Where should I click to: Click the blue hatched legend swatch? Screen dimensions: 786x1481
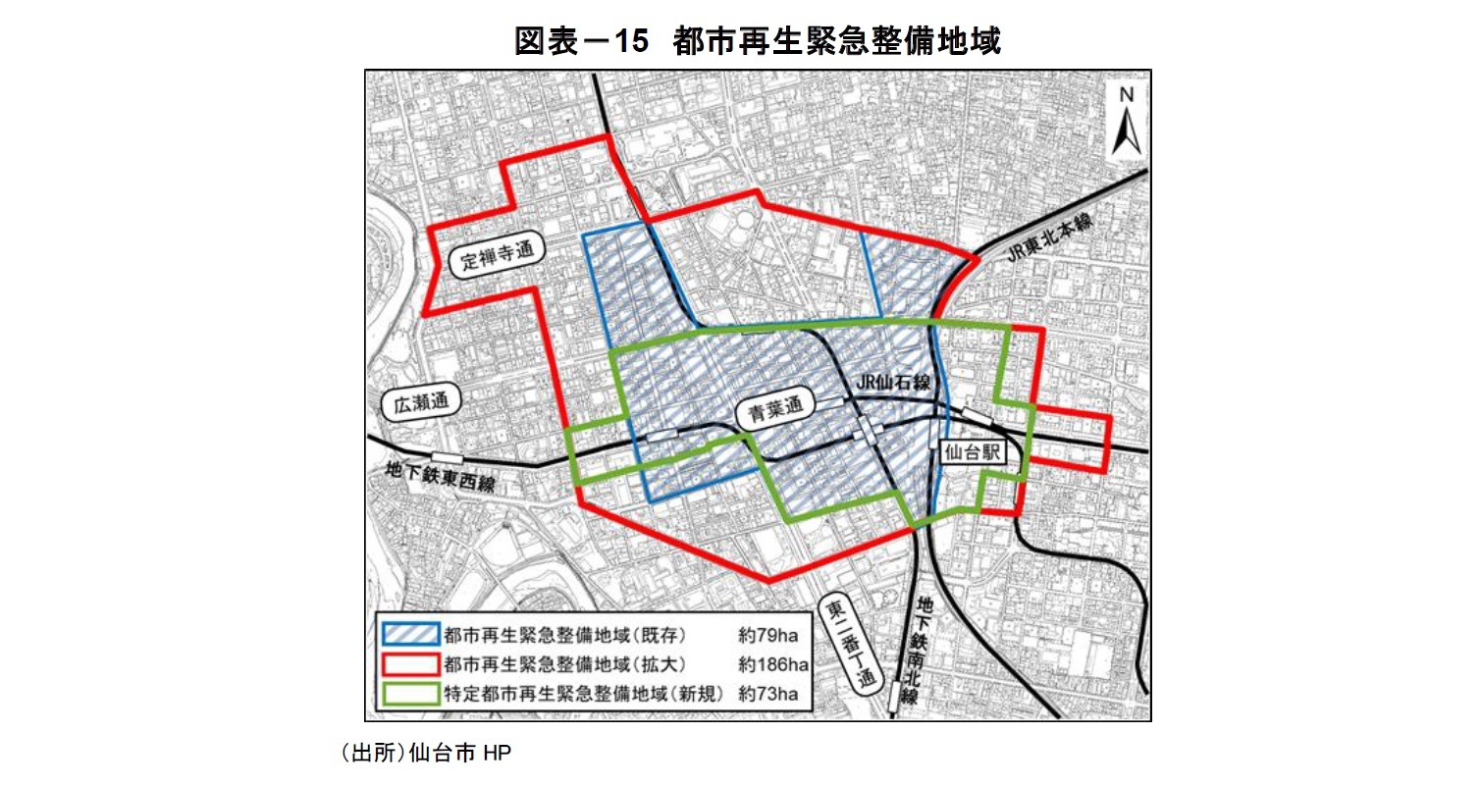[x=408, y=635]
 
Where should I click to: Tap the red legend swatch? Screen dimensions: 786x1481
[x=408, y=664]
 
